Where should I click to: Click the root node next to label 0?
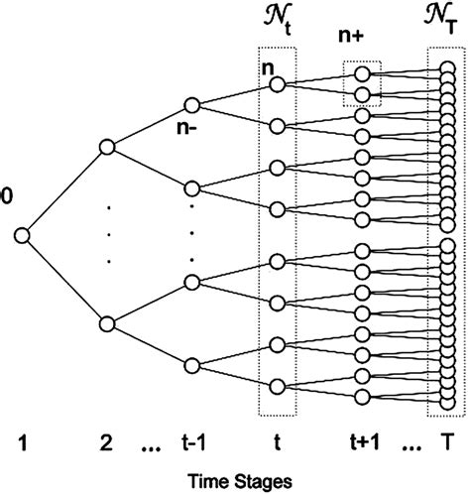click(x=22, y=235)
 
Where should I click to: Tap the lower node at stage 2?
click(x=108, y=322)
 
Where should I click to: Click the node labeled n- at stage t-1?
click(x=192, y=105)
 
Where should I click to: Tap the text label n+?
click(x=361, y=40)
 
